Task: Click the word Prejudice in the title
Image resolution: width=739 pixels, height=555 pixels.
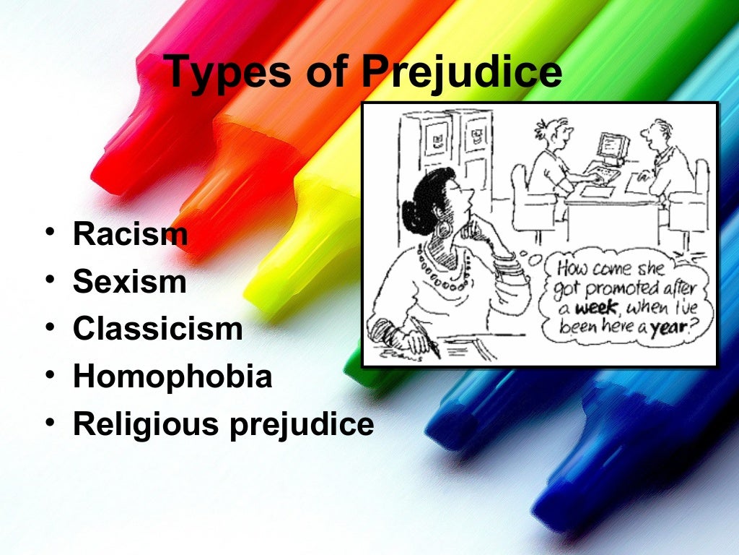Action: tap(461, 72)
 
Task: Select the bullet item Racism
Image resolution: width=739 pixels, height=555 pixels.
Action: tap(130, 234)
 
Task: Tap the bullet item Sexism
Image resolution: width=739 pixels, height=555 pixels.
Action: tap(129, 282)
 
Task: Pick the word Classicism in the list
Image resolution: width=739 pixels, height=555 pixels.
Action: tap(157, 330)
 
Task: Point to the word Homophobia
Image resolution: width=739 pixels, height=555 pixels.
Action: tap(172, 377)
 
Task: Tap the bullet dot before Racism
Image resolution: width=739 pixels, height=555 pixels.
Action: tap(48, 234)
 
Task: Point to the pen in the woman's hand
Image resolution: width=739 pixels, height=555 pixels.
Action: tap(430, 345)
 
